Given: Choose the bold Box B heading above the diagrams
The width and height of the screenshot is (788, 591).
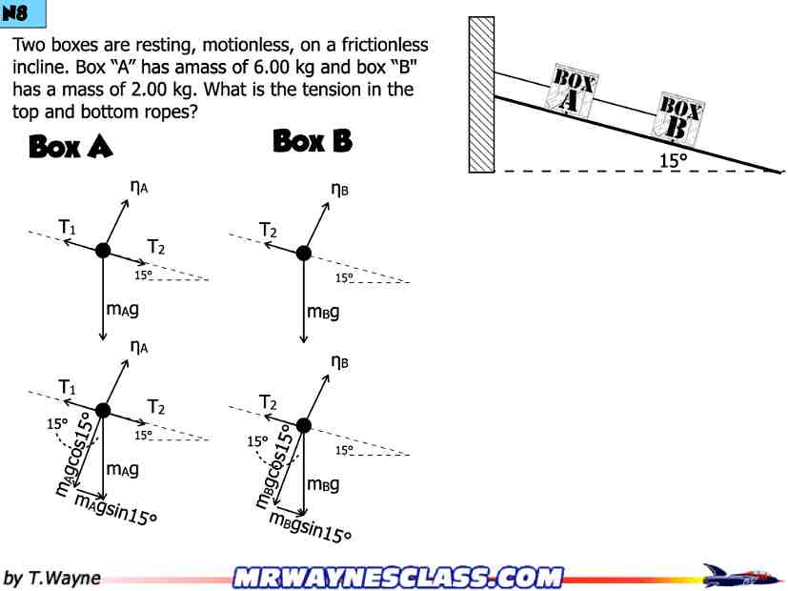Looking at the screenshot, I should [313, 141].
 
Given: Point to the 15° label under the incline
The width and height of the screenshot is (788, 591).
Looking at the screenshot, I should [674, 160].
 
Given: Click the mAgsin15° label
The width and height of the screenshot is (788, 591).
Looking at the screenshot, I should [115, 509].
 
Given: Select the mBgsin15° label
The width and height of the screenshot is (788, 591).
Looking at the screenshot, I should [310, 526].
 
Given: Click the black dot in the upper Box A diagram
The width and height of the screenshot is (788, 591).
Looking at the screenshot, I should [103, 251].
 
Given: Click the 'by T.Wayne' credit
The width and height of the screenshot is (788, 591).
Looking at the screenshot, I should [52, 578].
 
